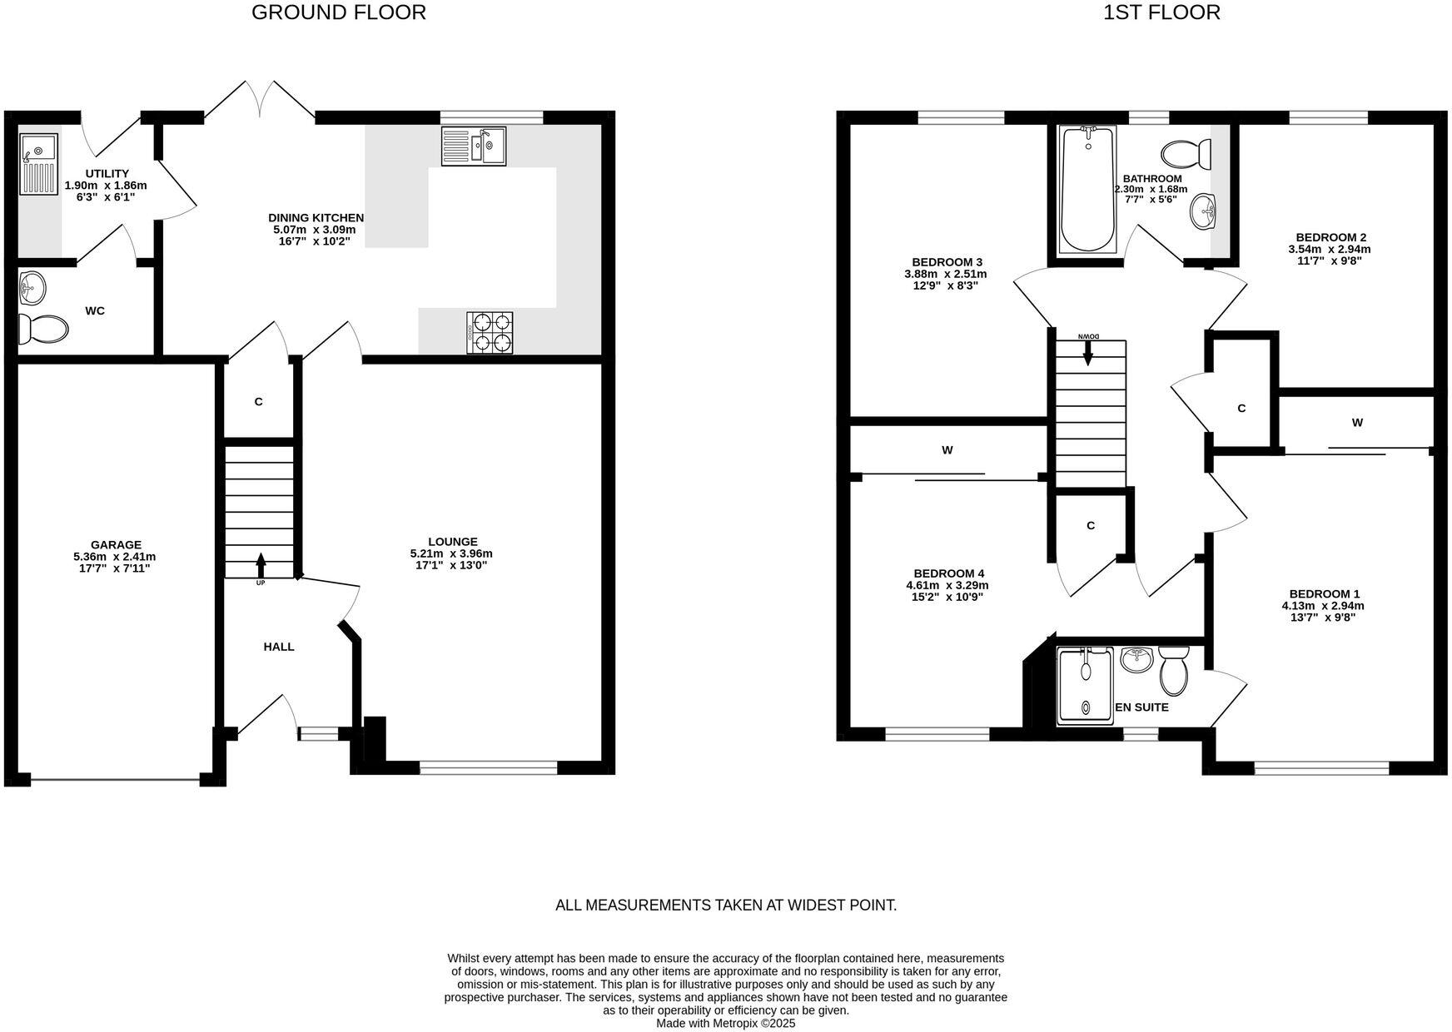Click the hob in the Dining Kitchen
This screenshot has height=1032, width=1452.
[490, 333]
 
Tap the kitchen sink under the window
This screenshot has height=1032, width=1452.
[474, 146]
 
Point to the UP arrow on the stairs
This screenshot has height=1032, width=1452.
[261, 566]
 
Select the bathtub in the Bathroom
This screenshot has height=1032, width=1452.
[1087, 191]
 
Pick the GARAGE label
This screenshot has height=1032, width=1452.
[116, 545]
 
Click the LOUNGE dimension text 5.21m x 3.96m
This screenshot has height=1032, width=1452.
[451, 553]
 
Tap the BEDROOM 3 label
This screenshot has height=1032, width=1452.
[947, 262]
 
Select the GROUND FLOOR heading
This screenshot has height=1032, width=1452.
[339, 12]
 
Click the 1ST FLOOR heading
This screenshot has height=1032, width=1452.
[1161, 12]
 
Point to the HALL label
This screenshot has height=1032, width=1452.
[279, 647]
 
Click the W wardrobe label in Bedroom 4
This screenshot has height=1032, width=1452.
[947, 450]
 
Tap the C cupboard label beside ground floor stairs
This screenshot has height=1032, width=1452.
[258, 402]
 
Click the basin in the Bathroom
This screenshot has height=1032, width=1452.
[1203, 211]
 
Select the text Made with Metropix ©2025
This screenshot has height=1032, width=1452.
[725, 1024]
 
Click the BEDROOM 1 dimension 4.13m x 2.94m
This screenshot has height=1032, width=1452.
[1322, 606]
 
